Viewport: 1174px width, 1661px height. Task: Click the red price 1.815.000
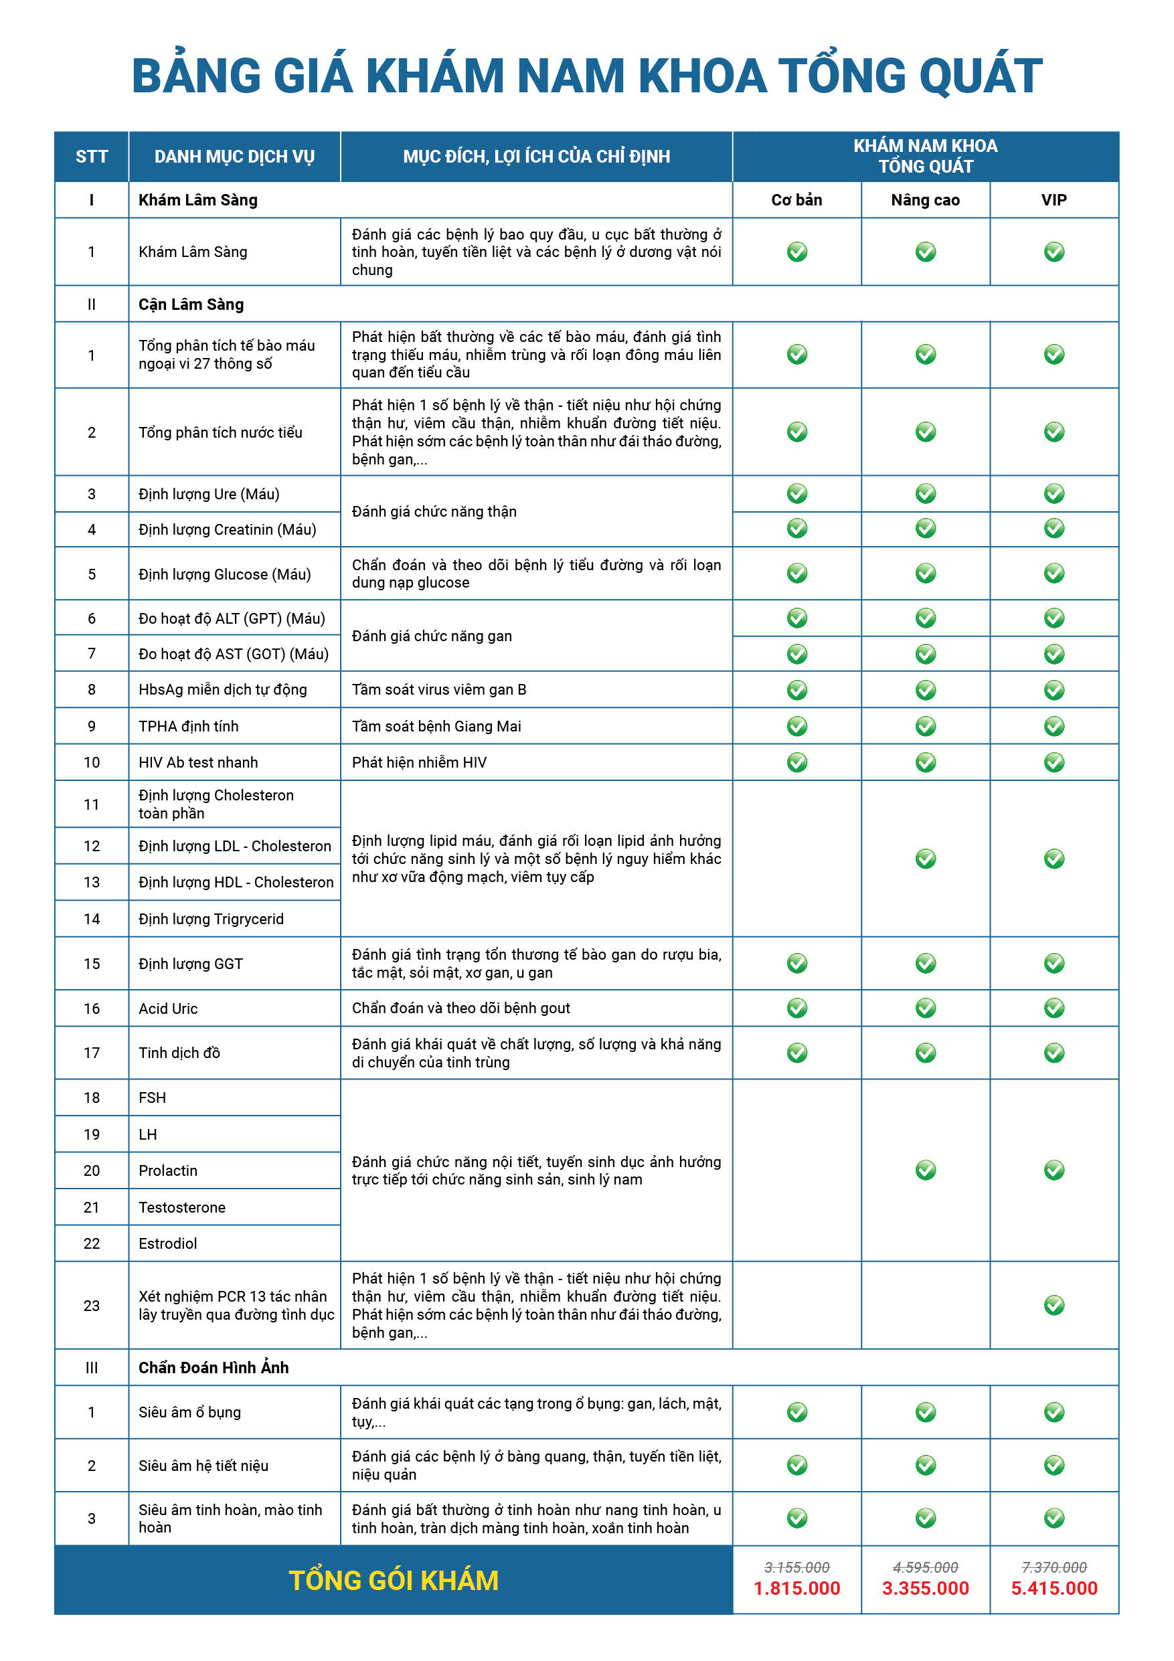(796, 1588)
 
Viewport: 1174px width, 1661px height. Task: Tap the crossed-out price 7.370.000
(1054, 1567)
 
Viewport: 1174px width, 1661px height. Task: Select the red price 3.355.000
(925, 1588)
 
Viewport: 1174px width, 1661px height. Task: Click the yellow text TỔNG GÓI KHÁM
(394, 1581)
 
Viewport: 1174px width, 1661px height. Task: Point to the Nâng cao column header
(925, 199)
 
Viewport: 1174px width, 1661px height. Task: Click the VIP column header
(1054, 199)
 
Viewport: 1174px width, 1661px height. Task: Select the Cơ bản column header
(796, 199)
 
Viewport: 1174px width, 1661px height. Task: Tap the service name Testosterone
(182, 1207)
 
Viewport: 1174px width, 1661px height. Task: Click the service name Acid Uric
(169, 1009)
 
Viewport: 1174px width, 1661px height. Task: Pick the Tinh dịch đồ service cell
(179, 1053)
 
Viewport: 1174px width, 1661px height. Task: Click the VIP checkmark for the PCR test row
(1054, 1305)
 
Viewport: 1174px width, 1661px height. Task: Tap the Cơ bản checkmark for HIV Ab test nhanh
(797, 762)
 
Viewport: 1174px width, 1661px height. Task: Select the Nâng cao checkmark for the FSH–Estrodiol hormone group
(926, 1170)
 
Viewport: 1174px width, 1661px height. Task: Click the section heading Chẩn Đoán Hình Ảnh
(214, 1367)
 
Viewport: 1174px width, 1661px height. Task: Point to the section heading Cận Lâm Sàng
(191, 304)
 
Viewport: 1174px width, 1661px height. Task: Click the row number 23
(92, 1306)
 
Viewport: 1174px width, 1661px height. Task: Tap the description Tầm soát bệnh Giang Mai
(436, 726)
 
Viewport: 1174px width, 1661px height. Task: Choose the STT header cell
(92, 156)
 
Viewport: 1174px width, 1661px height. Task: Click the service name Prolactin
(168, 1170)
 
